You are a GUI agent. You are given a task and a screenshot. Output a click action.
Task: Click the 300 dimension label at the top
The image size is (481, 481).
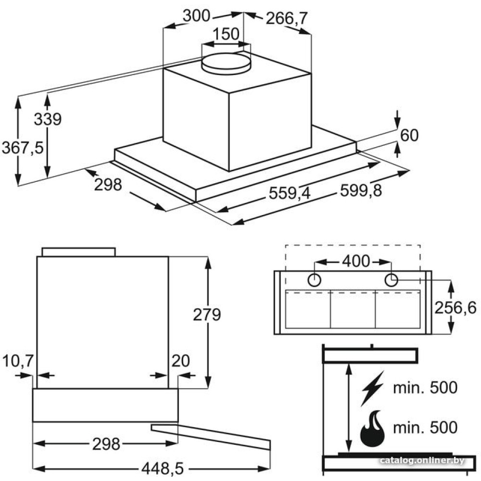tap(197, 16)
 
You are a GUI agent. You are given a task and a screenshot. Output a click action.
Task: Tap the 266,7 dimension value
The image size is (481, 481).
tap(287, 19)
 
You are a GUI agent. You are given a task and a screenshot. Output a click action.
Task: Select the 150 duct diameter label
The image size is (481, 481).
tap(226, 34)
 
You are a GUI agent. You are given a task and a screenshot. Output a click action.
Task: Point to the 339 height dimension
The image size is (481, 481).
tap(48, 119)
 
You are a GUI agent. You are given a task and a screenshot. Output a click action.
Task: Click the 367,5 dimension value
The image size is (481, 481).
tap(23, 148)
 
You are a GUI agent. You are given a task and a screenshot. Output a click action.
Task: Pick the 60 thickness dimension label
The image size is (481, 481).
tap(409, 135)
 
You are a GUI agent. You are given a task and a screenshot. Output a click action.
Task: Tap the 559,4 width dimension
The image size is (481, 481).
tap(290, 193)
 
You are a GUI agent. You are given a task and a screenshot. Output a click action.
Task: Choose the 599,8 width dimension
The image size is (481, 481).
tap(361, 190)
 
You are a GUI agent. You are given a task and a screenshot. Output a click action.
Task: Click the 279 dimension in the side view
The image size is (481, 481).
tap(207, 315)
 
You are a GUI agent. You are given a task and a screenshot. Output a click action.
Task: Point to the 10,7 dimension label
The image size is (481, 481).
tap(17, 361)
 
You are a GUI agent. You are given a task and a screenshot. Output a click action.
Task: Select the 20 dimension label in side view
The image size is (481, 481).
tap(181, 361)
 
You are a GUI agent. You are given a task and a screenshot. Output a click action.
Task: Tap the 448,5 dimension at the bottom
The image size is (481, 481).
tap(163, 468)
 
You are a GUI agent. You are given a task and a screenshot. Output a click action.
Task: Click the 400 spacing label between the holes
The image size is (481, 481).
tap(356, 261)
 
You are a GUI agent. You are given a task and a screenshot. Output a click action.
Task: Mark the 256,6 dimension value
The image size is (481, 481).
tap(456, 308)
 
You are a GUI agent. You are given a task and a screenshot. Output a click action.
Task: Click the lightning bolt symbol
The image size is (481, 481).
tap(372, 388)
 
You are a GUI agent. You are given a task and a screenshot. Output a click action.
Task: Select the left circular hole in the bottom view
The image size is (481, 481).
tap(314, 280)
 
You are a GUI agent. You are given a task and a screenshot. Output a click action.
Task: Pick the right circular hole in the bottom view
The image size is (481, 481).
tap(392, 280)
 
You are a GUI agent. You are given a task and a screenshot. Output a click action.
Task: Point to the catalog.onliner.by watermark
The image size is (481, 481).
tap(422, 460)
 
